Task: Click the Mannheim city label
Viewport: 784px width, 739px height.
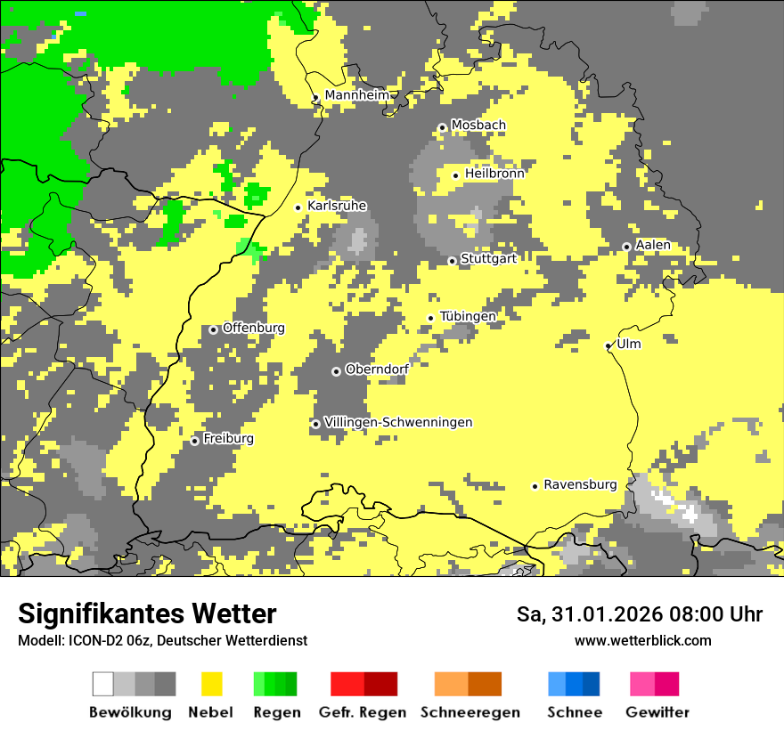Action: point(357,95)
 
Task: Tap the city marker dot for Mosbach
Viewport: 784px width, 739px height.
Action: point(442,128)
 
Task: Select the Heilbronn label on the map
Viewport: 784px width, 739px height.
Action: point(494,174)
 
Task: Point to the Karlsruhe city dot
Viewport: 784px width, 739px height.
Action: point(298,207)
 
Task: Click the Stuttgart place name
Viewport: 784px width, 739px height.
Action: point(488,259)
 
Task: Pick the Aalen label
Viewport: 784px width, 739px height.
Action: point(653,245)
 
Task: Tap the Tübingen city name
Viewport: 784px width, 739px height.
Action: point(468,316)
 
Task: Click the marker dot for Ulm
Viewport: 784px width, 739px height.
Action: point(608,346)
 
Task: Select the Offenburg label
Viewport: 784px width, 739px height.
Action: point(254,328)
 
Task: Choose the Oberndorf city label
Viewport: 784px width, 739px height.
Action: point(377,369)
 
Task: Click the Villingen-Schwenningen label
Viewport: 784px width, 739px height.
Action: point(398,422)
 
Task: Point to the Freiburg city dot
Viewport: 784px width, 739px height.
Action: point(195,441)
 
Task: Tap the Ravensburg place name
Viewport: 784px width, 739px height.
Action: point(580,484)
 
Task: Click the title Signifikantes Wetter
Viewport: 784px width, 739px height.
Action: point(147,614)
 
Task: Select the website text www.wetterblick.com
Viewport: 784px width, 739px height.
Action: point(642,641)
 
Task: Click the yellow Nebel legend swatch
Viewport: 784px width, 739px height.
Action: point(211,684)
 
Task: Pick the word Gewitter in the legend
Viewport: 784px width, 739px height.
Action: point(657,712)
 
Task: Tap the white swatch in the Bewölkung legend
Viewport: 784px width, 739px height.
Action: point(103,684)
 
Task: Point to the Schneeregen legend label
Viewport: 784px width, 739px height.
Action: point(470,712)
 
